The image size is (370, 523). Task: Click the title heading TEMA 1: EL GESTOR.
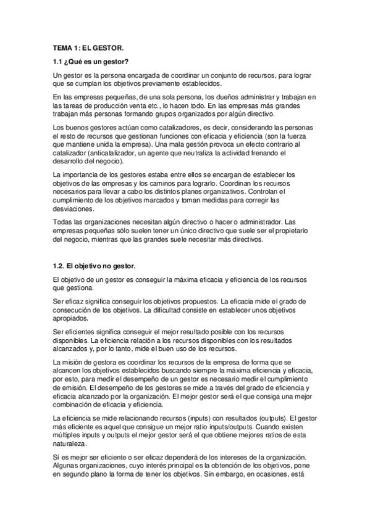[x=88, y=47]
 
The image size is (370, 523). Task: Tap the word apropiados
[x=73, y=319]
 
